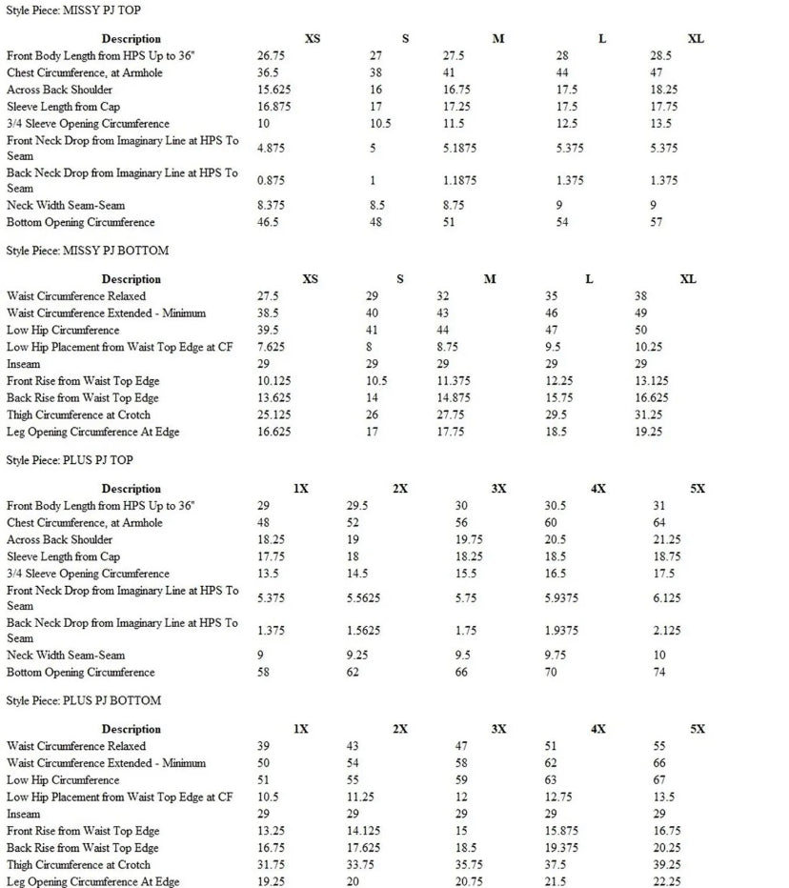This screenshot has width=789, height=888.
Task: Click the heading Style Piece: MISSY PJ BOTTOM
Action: (88, 251)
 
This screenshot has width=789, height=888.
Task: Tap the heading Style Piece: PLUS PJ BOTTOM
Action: (84, 700)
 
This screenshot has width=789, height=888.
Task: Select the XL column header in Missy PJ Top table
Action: (696, 39)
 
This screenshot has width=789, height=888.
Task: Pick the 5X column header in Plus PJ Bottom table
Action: (698, 729)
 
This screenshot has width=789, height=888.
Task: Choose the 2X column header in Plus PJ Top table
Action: (400, 489)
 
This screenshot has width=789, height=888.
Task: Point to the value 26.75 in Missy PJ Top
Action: (273, 56)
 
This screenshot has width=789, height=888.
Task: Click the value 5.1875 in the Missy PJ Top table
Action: (460, 148)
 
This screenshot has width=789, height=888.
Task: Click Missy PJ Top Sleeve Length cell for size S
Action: (376, 107)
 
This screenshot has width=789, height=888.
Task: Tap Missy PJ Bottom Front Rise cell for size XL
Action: (654, 381)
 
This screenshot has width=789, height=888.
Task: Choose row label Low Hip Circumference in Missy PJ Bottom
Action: (63, 330)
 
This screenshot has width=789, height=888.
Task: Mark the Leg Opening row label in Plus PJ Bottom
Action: (92, 882)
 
